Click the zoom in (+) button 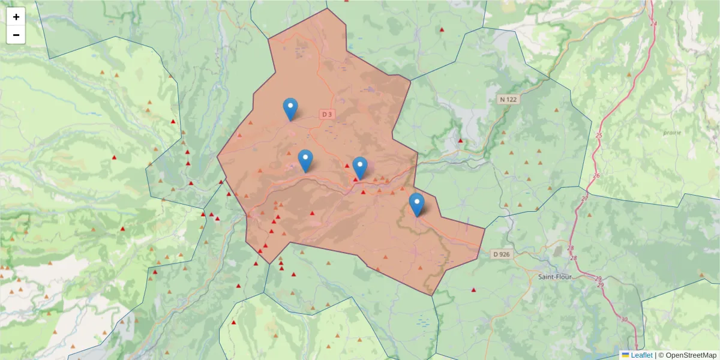16,17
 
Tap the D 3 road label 327,114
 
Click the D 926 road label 501,254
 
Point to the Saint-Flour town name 555,277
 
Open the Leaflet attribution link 641,355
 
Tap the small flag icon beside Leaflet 625,355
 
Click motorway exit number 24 653,24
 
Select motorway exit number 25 598,136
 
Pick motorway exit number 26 596,176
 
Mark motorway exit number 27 585,198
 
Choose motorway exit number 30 625,319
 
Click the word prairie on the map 673,132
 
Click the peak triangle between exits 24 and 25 629,74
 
